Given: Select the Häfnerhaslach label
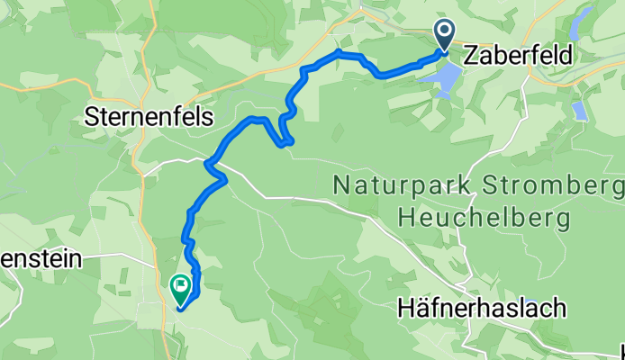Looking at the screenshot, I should (482, 309).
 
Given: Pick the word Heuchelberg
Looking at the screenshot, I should (483, 217).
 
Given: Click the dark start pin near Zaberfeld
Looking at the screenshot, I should (446, 35).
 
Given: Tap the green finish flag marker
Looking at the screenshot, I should (179, 288).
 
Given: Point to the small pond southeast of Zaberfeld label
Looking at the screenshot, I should (580, 111).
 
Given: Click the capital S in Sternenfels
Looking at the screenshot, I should (90, 117).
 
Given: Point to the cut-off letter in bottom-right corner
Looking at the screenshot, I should (621, 351).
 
